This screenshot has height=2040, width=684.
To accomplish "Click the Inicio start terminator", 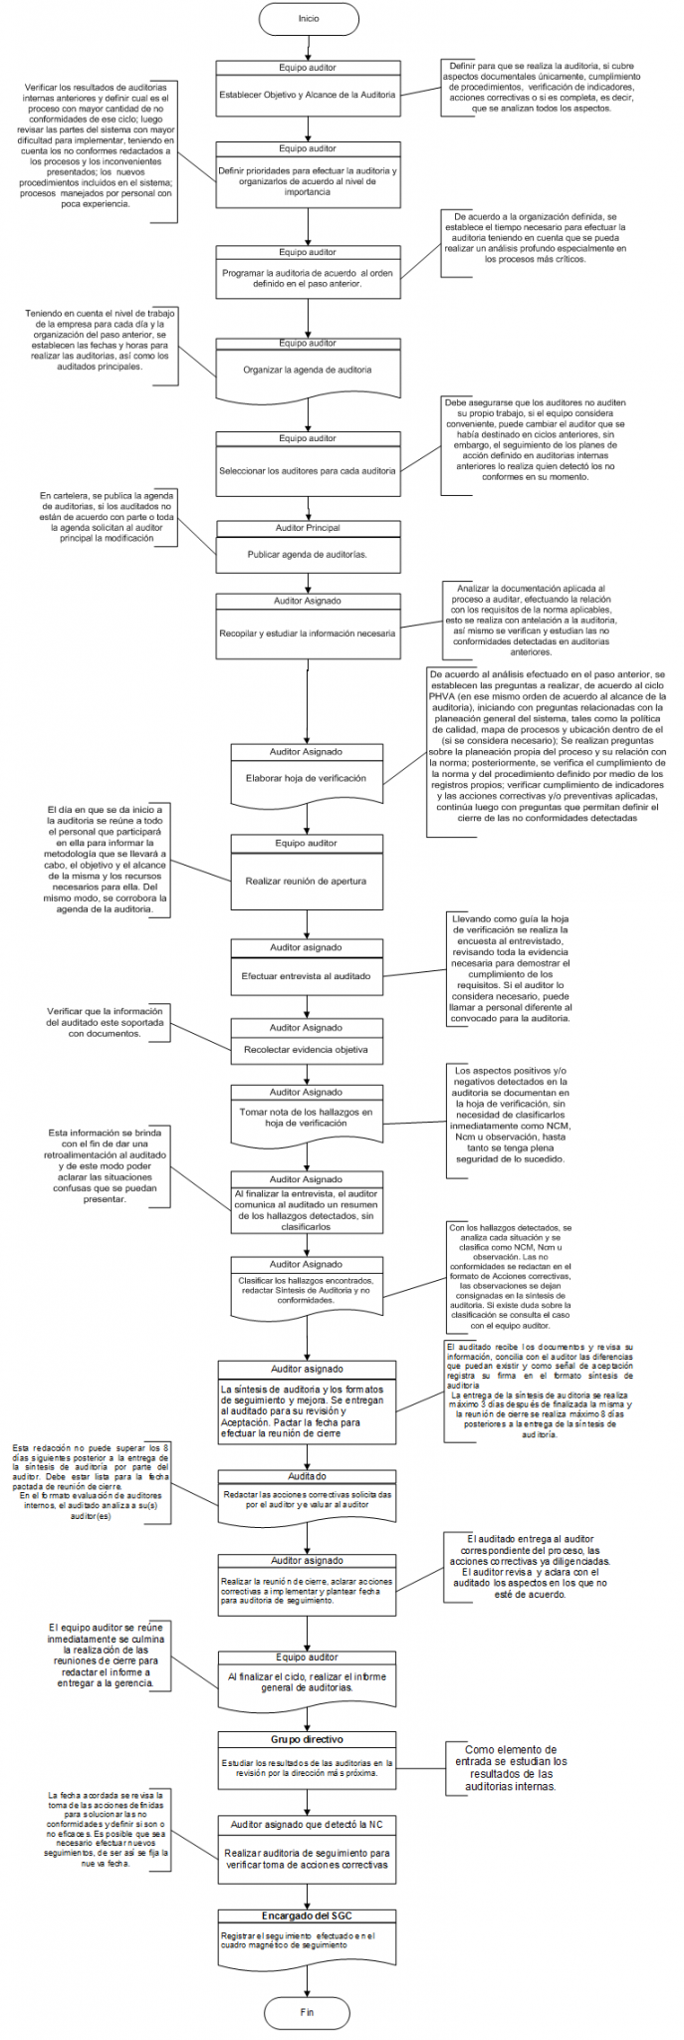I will pyautogui.click(x=308, y=19).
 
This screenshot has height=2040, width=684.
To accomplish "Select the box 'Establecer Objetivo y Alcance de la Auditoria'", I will pyautogui.click(x=308, y=95).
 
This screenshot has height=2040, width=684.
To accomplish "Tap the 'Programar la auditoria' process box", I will pyautogui.click(x=308, y=278).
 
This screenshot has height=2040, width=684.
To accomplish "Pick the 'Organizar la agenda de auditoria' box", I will pyautogui.click(x=308, y=371).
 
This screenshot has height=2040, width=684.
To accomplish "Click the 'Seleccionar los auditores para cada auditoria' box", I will pyautogui.click(x=308, y=470).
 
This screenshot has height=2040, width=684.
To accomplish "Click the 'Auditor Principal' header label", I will pyautogui.click(x=308, y=528).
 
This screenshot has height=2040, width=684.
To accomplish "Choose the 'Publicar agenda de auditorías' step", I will pyautogui.click(x=308, y=555).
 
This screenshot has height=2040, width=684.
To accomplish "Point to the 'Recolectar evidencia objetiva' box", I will pyautogui.click(x=306, y=1050).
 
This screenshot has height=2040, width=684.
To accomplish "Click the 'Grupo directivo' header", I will pyautogui.click(x=307, y=1739).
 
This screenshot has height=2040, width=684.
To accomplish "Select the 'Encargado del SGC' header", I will pyautogui.click(x=307, y=1915).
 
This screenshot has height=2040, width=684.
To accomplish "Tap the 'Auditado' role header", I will pyautogui.click(x=307, y=1476).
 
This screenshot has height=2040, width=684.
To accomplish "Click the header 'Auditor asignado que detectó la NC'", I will pyautogui.click(x=307, y=1825).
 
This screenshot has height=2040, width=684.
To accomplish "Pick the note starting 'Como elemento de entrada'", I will pyautogui.click(x=511, y=1768).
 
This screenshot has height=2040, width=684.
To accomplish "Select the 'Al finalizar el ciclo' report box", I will pyautogui.click(x=307, y=1682).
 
